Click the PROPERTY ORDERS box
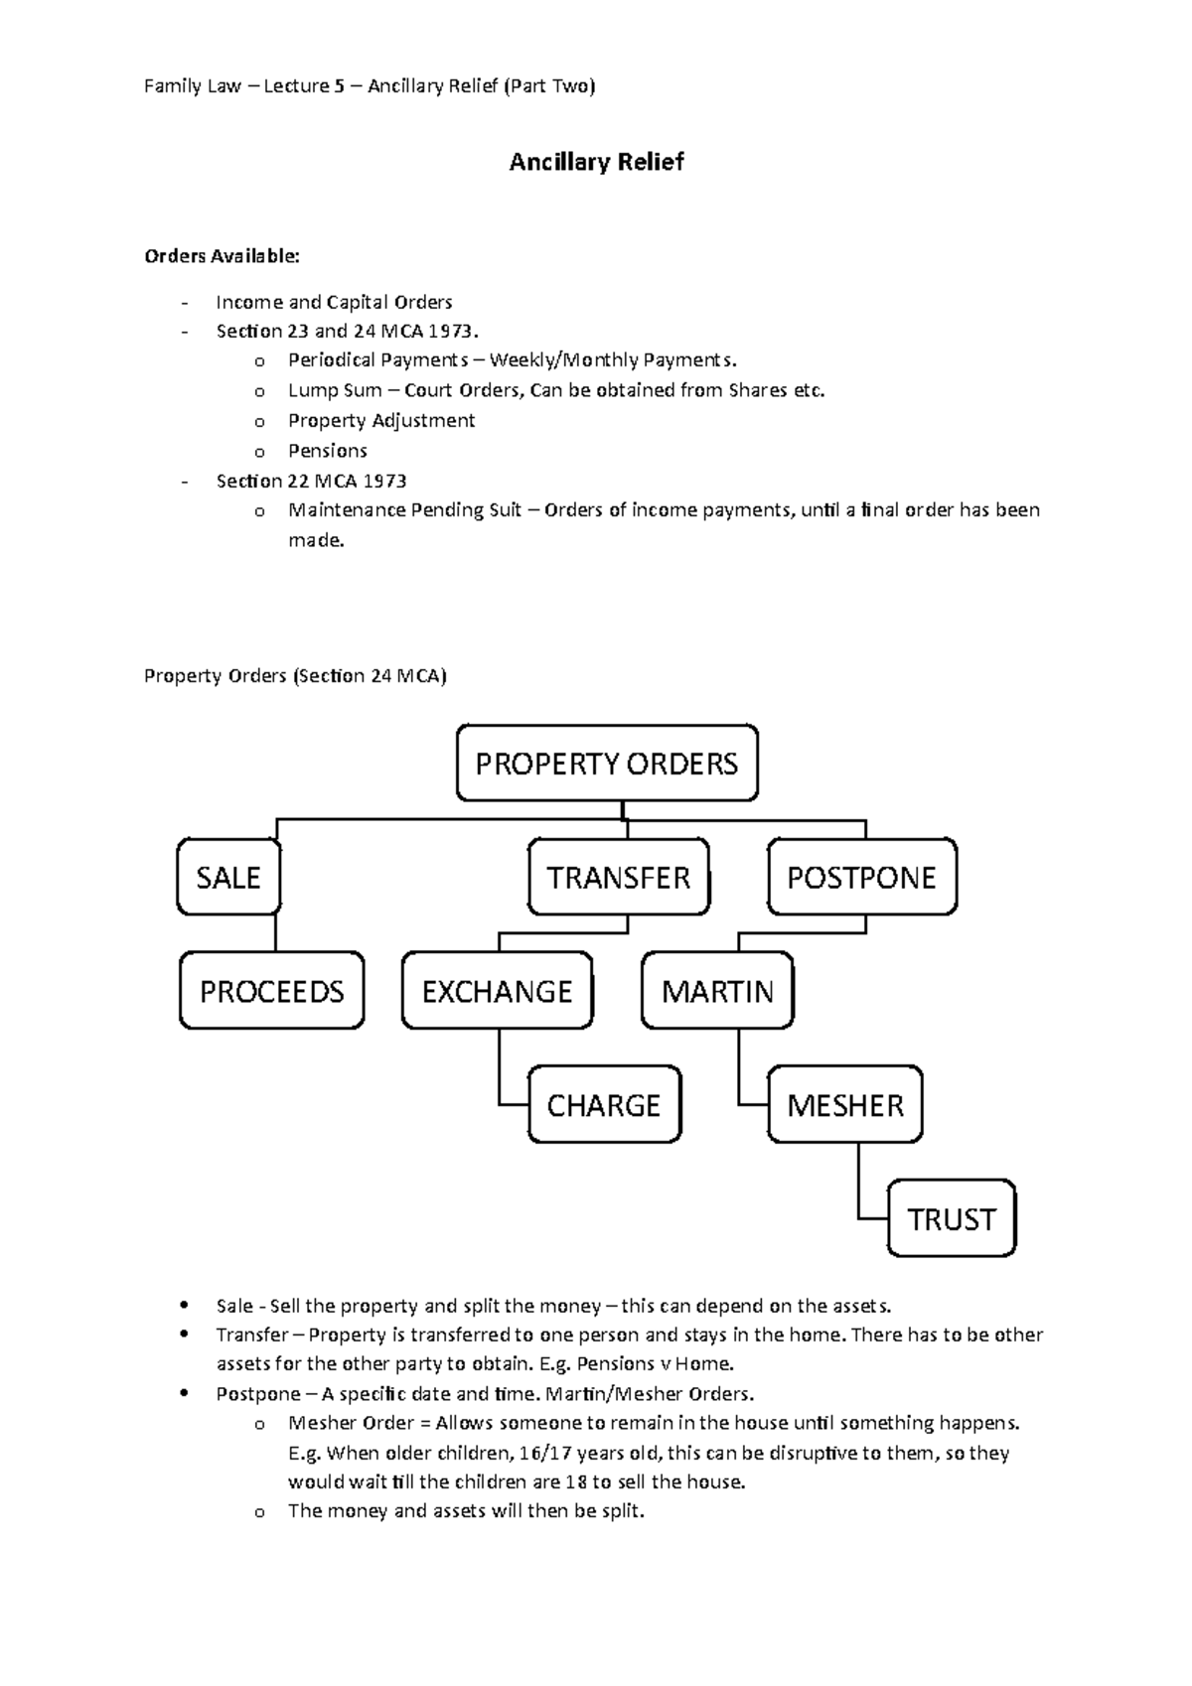tap(607, 763)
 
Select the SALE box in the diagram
tap(228, 877)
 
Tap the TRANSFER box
tap(618, 877)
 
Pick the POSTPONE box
tap(861, 877)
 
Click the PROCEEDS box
tap(271, 991)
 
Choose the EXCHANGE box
tap(497, 991)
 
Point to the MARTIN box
tap(717, 991)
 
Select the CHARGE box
tap(604, 1105)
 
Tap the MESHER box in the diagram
tap(845, 1105)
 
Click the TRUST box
tap(951, 1219)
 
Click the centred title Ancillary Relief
tap(596, 162)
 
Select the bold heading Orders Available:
tap(221, 256)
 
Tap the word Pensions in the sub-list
tap(328, 451)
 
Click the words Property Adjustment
tap(381, 421)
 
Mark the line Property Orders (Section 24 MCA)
tap(296, 676)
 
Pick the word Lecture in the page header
tap(296, 86)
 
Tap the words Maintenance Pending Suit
tap(404, 510)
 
